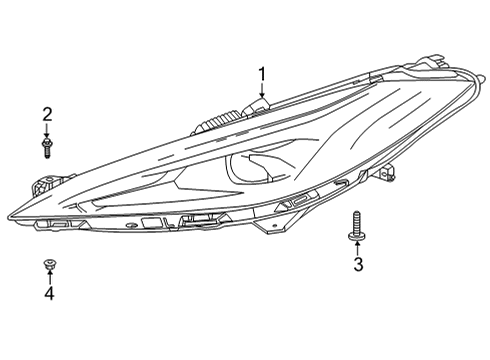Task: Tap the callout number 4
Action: [x=48, y=294]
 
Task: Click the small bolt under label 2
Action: [x=47, y=149]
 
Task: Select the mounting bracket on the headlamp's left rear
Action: [x=45, y=185]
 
